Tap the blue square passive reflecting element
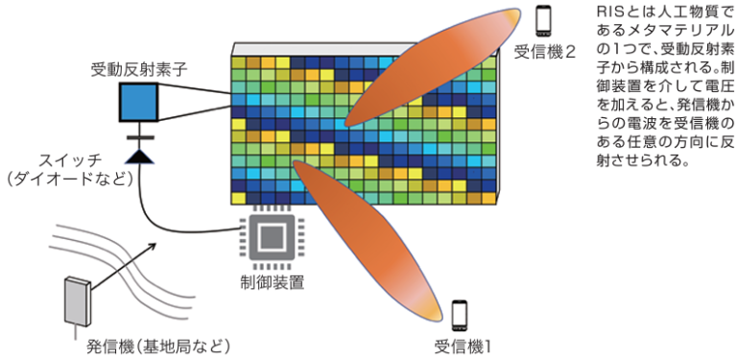click(x=140, y=101)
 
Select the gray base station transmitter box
click(x=77, y=299)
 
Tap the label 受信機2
click(x=544, y=52)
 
